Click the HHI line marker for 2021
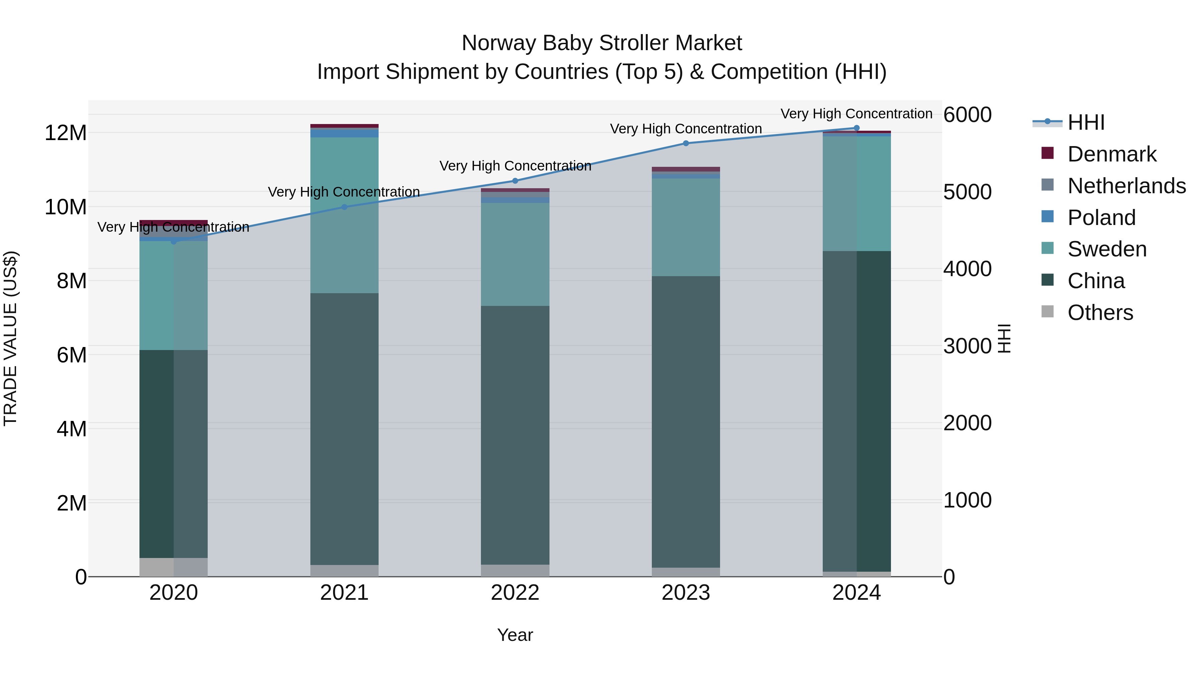pyautogui.click(x=344, y=207)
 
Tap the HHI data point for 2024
pyautogui.click(x=857, y=128)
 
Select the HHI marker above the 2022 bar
pyautogui.click(x=515, y=181)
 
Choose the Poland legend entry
pyautogui.click(x=1101, y=218)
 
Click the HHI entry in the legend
pyautogui.click(x=1086, y=122)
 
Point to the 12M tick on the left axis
pyautogui.click(x=66, y=133)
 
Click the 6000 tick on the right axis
pyautogui.click(x=967, y=115)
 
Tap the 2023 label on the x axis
pyautogui.click(x=686, y=593)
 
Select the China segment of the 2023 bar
pyautogui.click(x=686, y=421)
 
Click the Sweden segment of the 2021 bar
pyautogui.click(x=344, y=215)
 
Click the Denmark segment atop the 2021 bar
pyautogui.click(x=344, y=126)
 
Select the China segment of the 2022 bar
pyautogui.click(x=515, y=435)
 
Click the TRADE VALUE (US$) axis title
pyautogui.click(x=10, y=338)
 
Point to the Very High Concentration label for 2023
pyautogui.click(x=686, y=129)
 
